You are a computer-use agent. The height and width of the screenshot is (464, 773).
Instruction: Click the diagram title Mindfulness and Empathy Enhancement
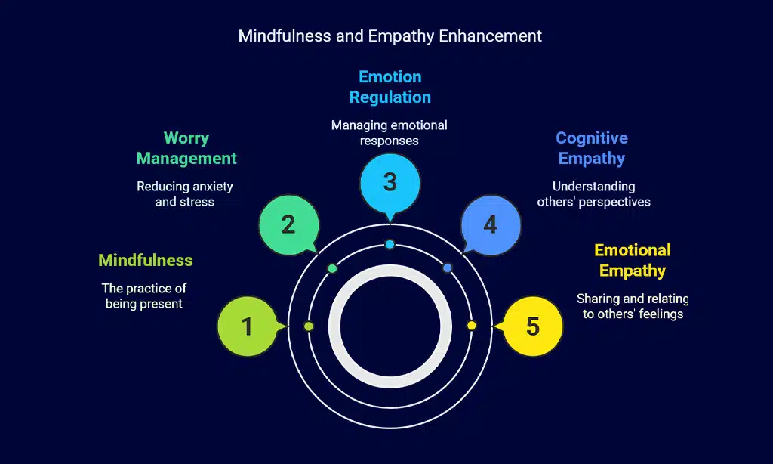(390, 36)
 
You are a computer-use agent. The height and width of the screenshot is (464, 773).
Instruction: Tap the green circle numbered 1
(247, 326)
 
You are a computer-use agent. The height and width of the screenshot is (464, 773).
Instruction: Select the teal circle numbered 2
(288, 224)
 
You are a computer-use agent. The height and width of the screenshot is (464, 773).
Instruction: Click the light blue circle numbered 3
(390, 182)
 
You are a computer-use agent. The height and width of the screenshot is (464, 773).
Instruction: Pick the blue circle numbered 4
(491, 224)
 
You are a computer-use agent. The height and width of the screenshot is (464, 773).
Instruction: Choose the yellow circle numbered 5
(532, 326)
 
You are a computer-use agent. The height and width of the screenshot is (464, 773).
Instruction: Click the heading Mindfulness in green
(146, 261)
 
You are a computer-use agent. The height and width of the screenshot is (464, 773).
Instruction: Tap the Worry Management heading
(186, 148)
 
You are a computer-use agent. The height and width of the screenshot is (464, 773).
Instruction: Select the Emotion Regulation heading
(390, 87)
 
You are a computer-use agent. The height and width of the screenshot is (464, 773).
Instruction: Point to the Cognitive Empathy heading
(592, 148)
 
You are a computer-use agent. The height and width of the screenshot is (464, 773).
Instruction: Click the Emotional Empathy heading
(633, 260)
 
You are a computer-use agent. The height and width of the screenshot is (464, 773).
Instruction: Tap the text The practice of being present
(144, 296)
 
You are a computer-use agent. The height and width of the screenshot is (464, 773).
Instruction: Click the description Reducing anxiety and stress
(185, 194)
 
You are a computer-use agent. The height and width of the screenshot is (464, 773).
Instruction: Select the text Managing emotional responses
(390, 132)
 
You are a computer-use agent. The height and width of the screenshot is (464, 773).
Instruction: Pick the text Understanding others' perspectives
(593, 194)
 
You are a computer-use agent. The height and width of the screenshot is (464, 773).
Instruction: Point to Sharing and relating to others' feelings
(633, 306)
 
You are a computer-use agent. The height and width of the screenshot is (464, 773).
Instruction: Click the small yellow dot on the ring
(472, 326)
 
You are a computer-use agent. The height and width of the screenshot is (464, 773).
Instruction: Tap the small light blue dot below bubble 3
(390, 244)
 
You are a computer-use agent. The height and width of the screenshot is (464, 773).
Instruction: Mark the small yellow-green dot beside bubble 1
(308, 326)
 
